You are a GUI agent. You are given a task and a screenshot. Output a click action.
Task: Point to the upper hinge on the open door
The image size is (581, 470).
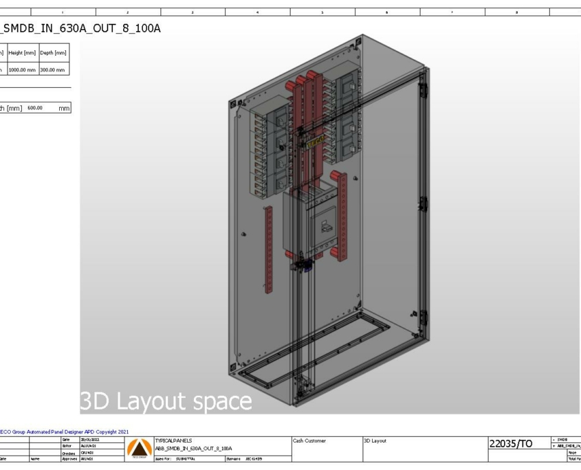click(422, 92)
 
